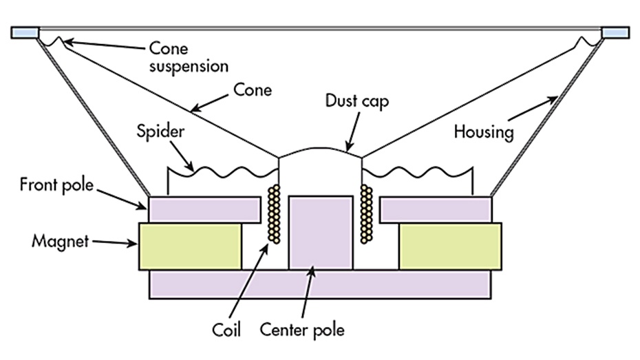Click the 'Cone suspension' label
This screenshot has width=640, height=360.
(x=189, y=57)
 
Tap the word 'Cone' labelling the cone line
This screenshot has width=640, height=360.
(x=253, y=89)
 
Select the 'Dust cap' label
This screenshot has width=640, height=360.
(x=357, y=101)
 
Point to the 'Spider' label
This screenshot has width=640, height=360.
(x=160, y=131)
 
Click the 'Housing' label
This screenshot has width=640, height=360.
(x=484, y=132)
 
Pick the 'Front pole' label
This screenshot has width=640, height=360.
(x=56, y=184)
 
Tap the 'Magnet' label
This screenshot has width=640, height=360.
(x=60, y=241)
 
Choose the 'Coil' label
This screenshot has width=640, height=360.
(x=226, y=330)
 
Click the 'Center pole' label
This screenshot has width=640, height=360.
(x=302, y=330)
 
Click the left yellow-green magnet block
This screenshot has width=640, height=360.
(x=190, y=246)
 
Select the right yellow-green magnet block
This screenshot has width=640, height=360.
(x=450, y=246)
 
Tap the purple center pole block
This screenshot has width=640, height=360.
(x=321, y=233)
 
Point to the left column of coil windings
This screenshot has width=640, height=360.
(x=274, y=214)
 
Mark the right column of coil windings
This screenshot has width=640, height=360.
(x=366, y=214)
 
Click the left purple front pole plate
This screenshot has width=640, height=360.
(x=204, y=210)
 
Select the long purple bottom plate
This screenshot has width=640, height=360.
(x=320, y=284)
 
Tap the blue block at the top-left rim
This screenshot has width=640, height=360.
(x=25, y=32)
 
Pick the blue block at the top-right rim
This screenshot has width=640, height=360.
(x=615, y=32)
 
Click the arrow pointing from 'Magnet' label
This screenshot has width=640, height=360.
(x=115, y=243)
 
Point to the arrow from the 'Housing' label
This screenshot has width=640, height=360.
(x=533, y=108)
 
